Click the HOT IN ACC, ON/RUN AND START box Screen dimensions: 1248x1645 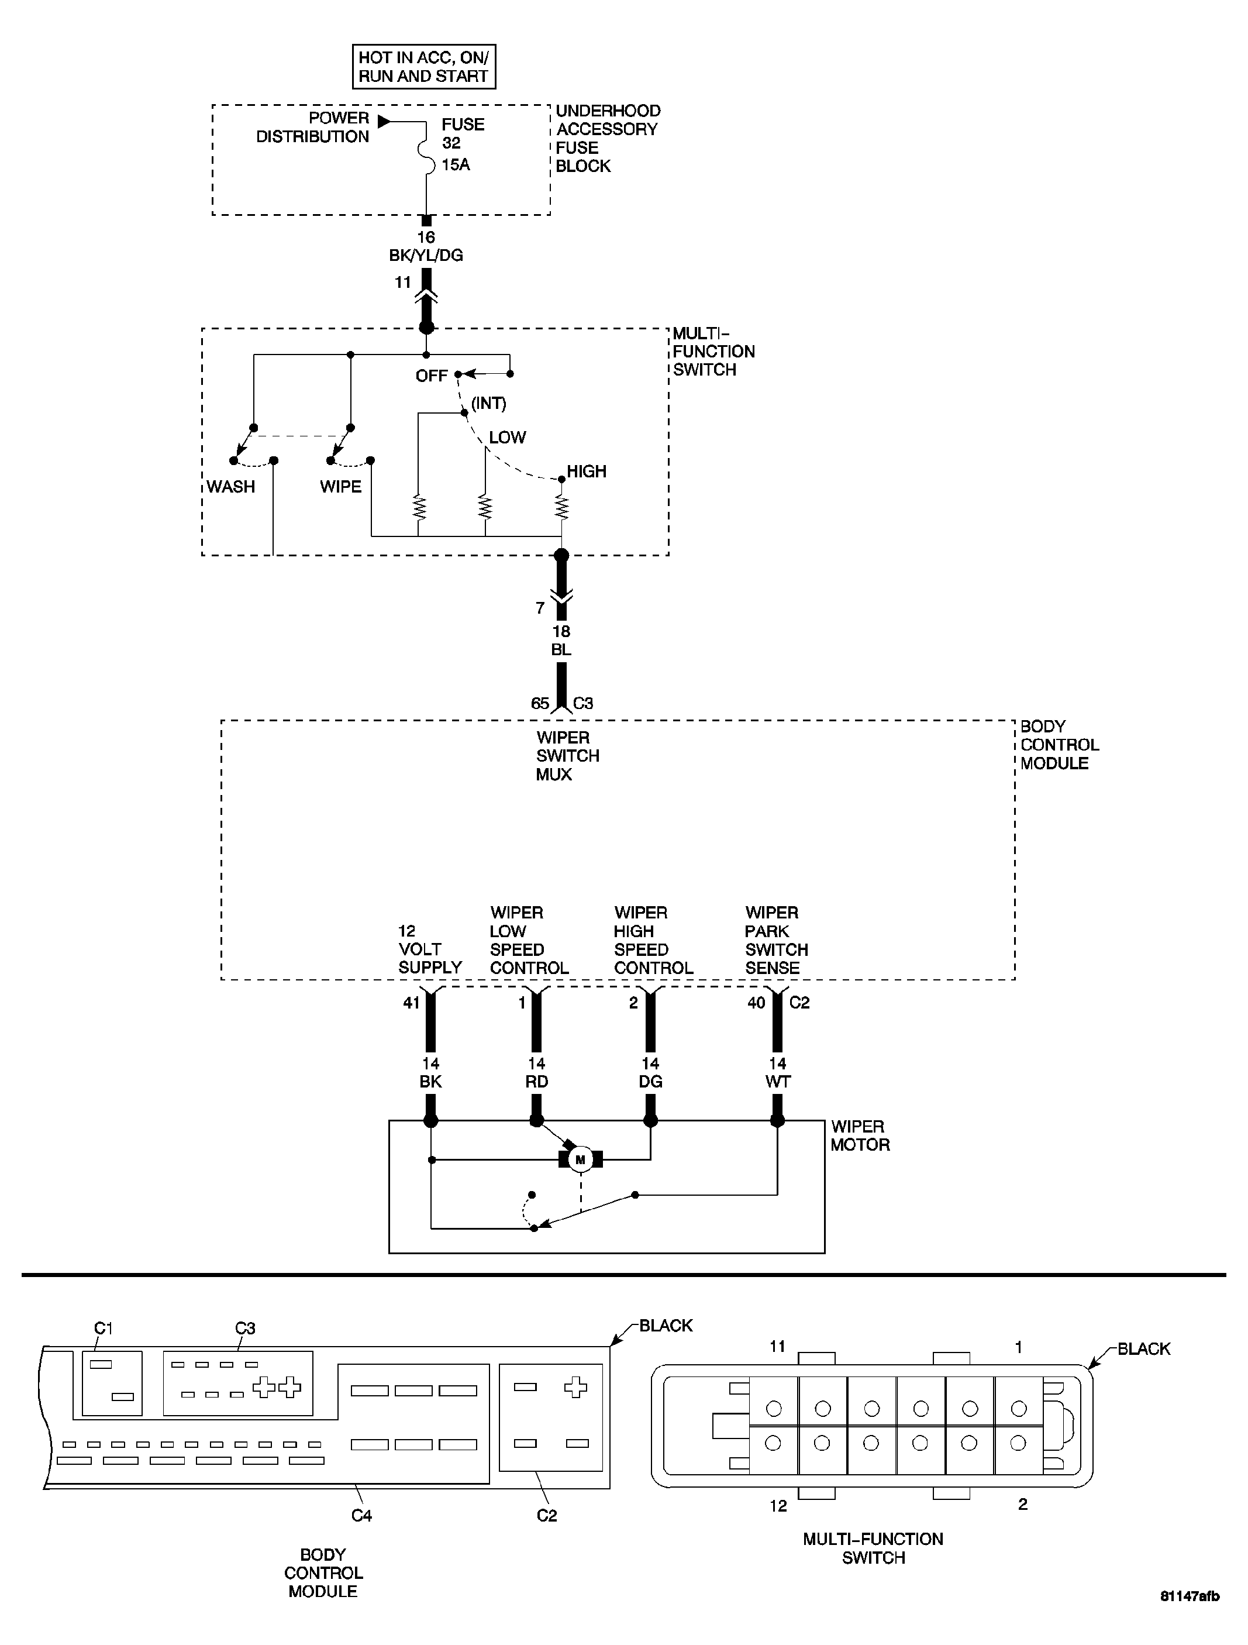423,67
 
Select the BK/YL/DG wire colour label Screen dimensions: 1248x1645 426,255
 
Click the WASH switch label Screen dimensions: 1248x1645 230,486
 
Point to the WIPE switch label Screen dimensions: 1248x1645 340,486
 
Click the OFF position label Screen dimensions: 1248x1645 432,376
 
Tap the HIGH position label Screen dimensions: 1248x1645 587,471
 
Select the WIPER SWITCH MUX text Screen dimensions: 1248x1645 567,756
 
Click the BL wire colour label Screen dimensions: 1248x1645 561,649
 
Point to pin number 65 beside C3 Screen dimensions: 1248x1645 540,703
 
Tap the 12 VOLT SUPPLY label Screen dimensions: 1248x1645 430,949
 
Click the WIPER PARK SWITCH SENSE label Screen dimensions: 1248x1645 776,940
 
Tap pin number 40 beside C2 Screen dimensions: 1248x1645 756,1003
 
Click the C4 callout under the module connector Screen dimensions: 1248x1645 361,1515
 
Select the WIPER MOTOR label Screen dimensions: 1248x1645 860,1135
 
